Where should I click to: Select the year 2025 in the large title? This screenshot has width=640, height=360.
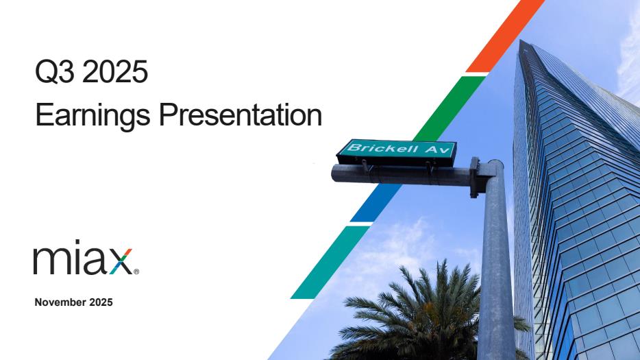click(x=114, y=71)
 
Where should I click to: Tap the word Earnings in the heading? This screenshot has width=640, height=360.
click(x=93, y=116)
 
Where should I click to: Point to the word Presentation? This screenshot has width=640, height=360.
click(x=241, y=115)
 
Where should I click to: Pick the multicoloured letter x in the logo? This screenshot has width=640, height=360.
click(x=121, y=261)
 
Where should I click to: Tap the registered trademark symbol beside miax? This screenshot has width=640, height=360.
click(x=136, y=272)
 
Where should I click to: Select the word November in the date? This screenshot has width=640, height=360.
click(x=60, y=302)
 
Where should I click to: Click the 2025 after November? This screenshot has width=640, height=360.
click(x=101, y=302)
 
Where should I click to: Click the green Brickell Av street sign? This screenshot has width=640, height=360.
click(x=397, y=152)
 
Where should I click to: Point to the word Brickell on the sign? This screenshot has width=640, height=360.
click(x=382, y=147)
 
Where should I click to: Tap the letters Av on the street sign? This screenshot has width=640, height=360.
click(x=438, y=149)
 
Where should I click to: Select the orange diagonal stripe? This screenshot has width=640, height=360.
click(x=506, y=36)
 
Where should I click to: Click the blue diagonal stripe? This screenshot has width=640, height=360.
click(x=376, y=203)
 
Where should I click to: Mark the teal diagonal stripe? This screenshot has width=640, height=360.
click(x=330, y=263)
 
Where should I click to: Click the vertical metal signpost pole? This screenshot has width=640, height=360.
click(x=496, y=261)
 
